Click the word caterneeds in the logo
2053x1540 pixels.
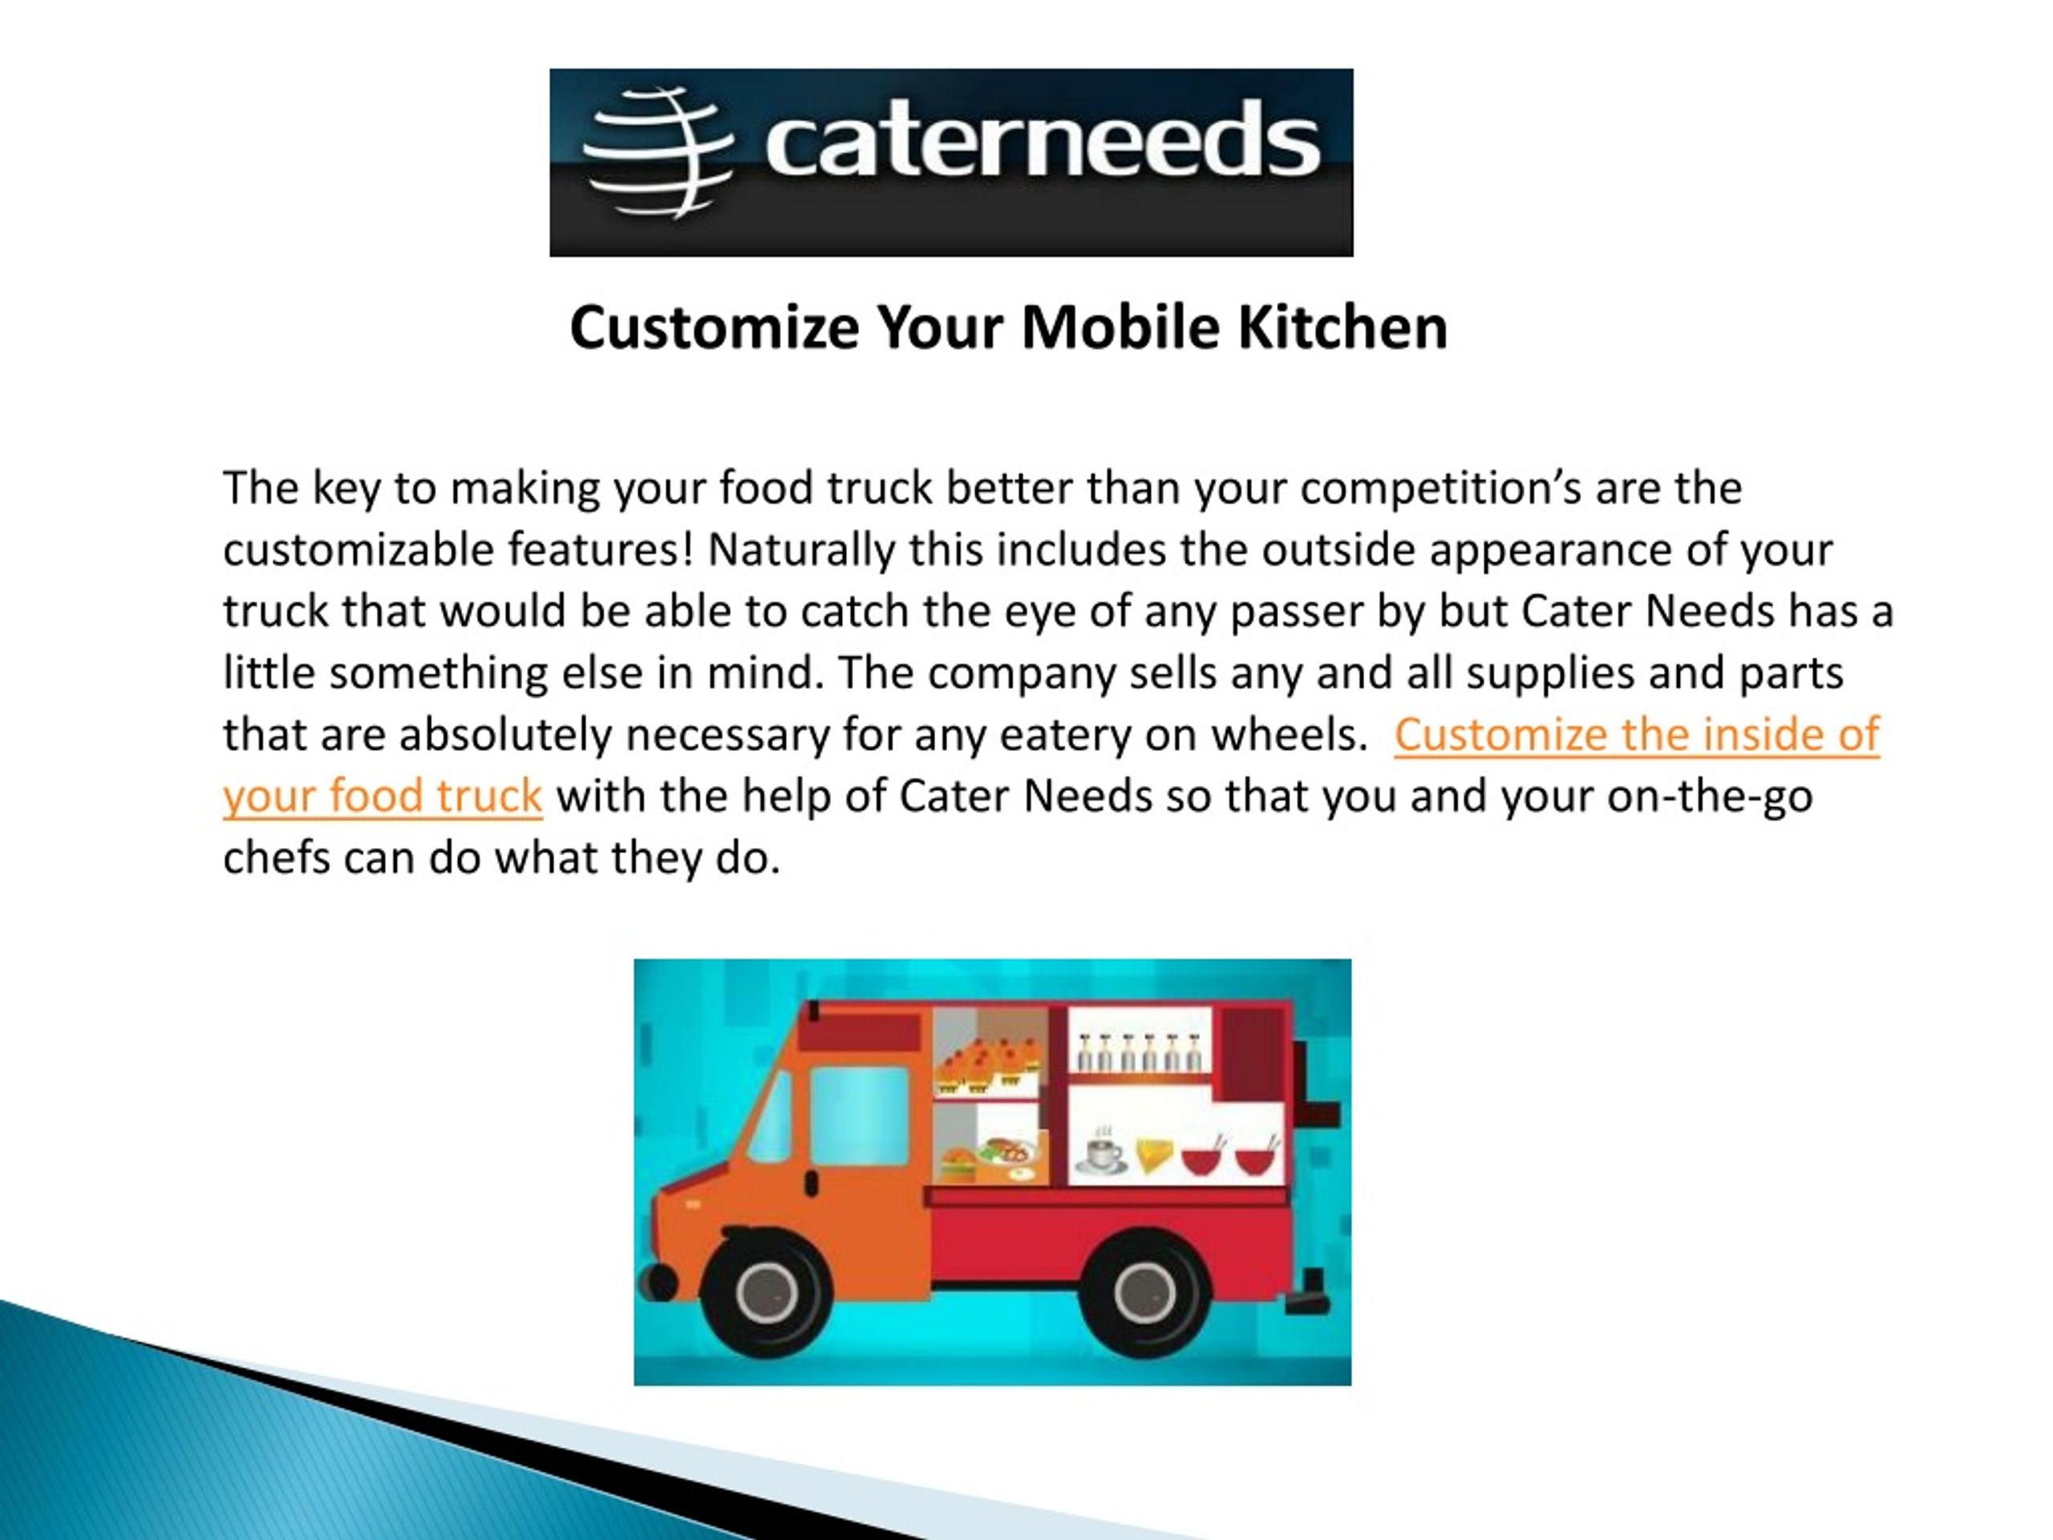pyautogui.click(x=1042, y=140)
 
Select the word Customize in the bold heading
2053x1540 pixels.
pyautogui.click(x=715, y=328)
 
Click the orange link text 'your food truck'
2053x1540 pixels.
pyautogui.click(x=383, y=796)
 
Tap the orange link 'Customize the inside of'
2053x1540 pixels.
pyautogui.click(x=1636, y=734)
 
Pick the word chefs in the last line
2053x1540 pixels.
pyautogui.click(x=277, y=857)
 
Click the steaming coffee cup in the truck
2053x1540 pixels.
pyautogui.click(x=1102, y=1152)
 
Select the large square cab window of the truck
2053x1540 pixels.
pyautogui.click(x=860, y=1115)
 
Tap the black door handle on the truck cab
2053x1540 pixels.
pyautogui.click(x=812, y=1184)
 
